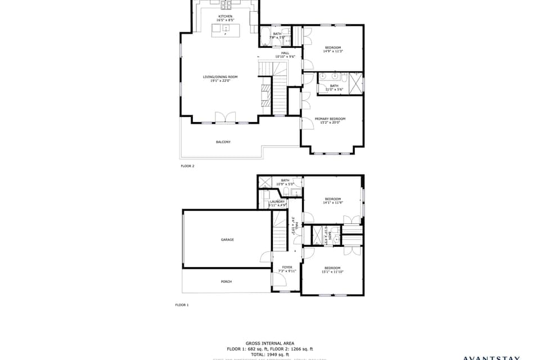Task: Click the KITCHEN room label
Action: pos(225,16)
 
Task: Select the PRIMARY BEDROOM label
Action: pos(330,119)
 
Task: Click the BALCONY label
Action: pos(223,142)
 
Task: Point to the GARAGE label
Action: pos(227,240)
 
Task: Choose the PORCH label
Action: pos(226,281)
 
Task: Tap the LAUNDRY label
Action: pos(278,201)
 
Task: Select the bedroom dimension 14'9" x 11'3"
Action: pos(333,51)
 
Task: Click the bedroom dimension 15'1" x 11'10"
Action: pos(332,272)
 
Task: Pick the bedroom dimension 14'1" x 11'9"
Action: pos(332,202)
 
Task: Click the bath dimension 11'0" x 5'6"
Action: pos(334,89)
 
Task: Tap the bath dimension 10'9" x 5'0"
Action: pos(285,184)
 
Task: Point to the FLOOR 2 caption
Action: pos(187,166)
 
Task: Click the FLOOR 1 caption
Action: pos(182,305)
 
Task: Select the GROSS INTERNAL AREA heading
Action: pos(269,343)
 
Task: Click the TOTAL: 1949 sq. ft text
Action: pos(269,354)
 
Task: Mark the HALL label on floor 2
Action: pos(285,53)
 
